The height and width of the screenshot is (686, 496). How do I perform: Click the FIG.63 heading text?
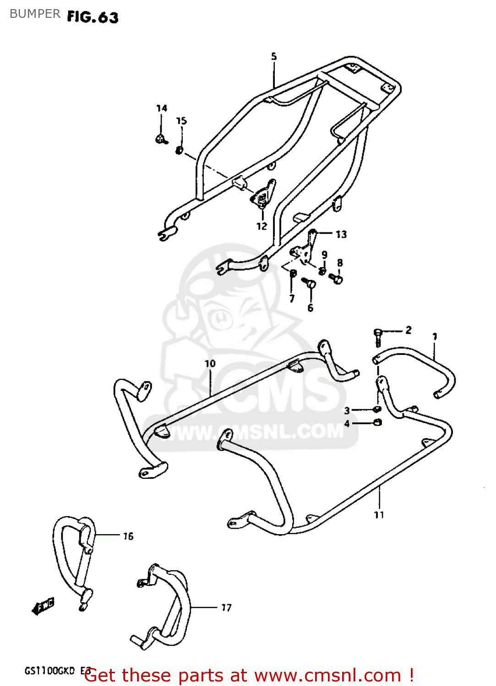[93, 17]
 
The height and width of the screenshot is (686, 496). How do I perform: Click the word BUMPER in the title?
[35, 14]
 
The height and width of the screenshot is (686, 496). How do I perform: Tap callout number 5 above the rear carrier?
[274, 56]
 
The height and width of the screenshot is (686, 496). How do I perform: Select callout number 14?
[162, 108]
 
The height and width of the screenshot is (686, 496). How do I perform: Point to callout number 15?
[182, 121]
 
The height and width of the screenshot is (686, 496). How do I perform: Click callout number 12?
[262, 226]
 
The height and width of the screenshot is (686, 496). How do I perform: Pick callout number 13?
[341, 235]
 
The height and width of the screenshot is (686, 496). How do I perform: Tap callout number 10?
[210, 364]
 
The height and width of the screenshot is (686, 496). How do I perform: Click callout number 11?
[379, 515]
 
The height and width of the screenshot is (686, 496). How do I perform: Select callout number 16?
[128, 536]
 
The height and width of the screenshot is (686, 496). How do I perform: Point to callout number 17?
[226, 607]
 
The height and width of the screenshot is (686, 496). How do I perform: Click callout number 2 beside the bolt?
[409, 330]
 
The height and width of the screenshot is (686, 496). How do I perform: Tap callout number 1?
[435, 337]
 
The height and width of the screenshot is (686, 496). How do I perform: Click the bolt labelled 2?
[378, 336]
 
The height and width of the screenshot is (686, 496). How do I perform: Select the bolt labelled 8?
[338, 278]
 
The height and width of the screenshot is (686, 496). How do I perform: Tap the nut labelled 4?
[378, 422]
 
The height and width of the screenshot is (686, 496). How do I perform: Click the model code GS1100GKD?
[49, 671]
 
